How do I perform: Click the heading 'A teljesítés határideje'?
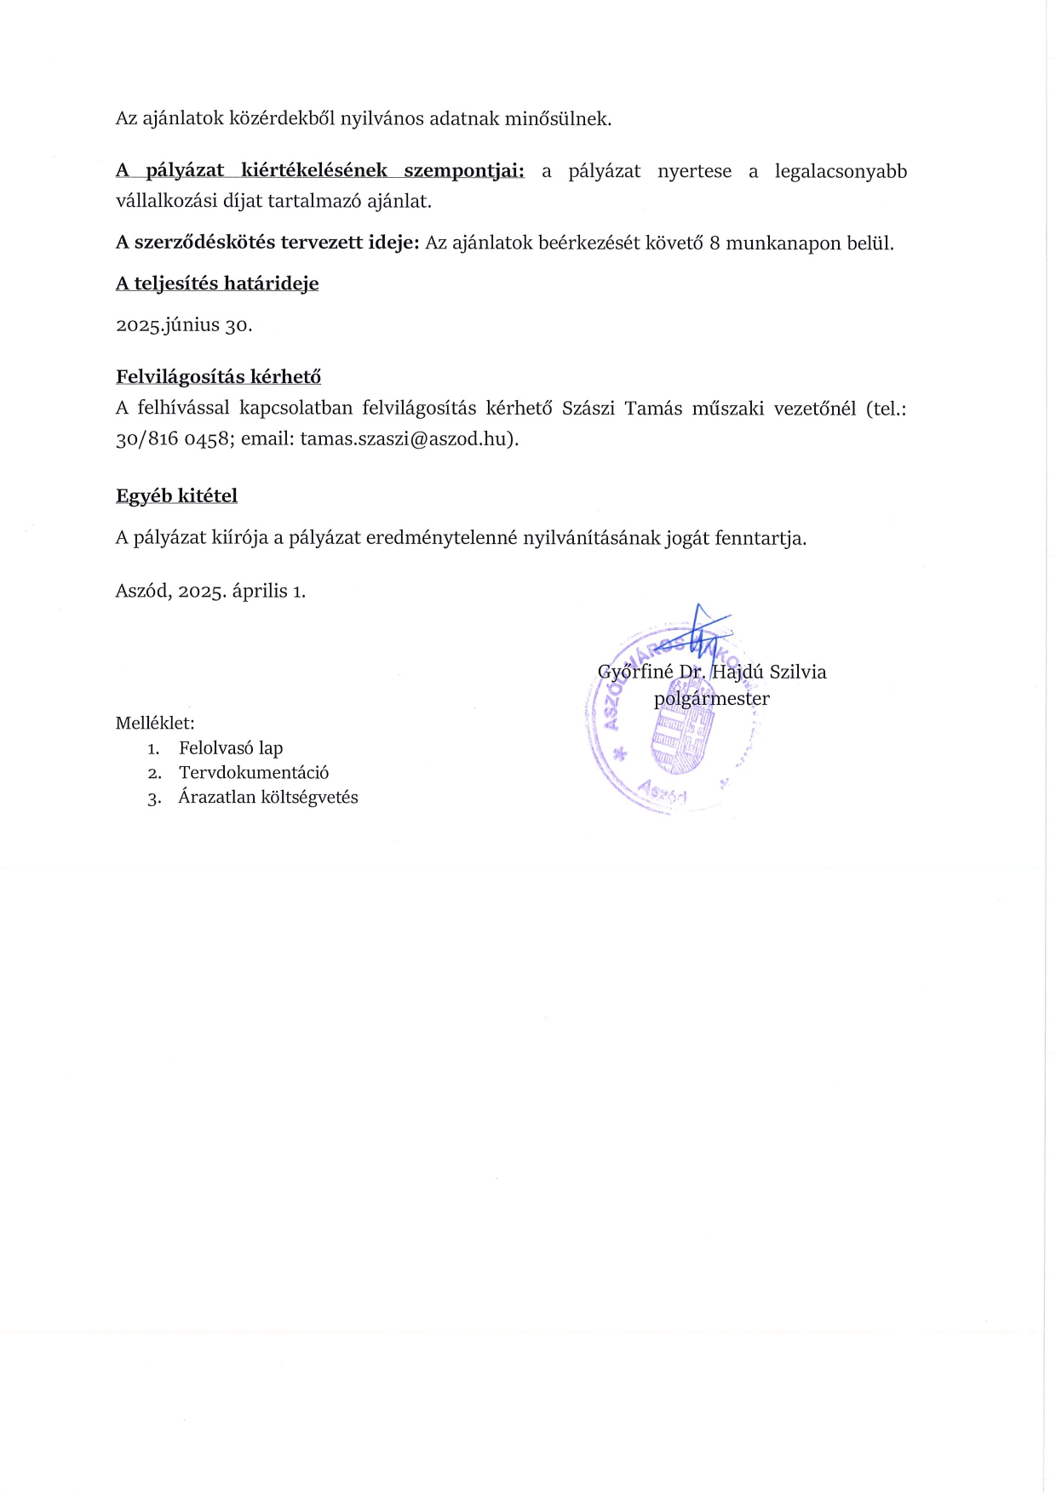pyautogui.click(x=217, y=283)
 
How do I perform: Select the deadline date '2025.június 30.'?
pyautogui.click(x=184, y=325)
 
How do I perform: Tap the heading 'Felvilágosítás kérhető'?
pyautogui.click(x=218, y=377)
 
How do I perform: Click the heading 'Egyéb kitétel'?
pyautogui.click(x=176, y=496)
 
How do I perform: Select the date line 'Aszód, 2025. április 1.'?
pyautogui.click(x=210, y=591)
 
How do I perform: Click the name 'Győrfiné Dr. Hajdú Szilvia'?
pyautogui.click(x=712, y=672)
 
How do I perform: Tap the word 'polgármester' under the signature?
pyautogui.click(x=711, y=699)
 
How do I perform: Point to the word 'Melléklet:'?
pyautogui.click(x=155, y=724)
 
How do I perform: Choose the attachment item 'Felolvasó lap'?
pyautogui.click(x=231, y=748)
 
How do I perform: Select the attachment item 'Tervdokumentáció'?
pyautogui.click(x=254, y=773)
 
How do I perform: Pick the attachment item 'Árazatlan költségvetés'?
pyautogui.click(x=268, y=798)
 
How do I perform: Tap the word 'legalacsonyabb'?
pyautogui.click(x=841, y=171)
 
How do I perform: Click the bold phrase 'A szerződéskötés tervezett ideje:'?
pyautogui.click(x=267, y=243)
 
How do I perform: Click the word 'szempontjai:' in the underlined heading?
pyautogui.click(x=464, y=171)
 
